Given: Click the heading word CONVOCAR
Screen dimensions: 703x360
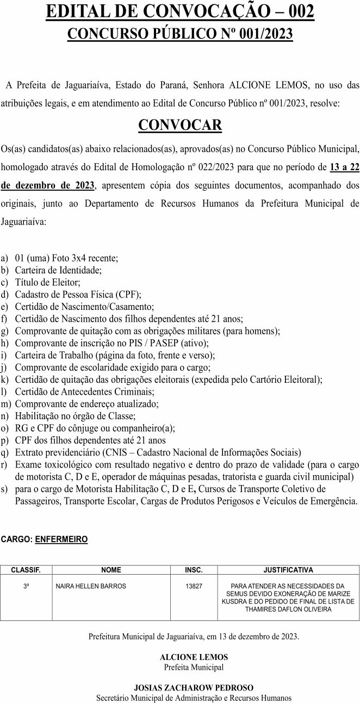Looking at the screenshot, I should [180, 126].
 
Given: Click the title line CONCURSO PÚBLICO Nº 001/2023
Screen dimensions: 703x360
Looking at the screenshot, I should [180, 34].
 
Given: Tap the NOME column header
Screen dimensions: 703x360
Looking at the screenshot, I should [111, 570].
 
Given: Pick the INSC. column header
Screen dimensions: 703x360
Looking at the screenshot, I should [194, 570].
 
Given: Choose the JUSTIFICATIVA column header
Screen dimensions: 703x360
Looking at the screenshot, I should [288, 570].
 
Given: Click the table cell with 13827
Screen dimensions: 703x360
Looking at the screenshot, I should [194, 586].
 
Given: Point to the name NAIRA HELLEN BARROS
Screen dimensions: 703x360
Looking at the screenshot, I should [91, 586].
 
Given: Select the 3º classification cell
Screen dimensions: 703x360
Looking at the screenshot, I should [26, 586].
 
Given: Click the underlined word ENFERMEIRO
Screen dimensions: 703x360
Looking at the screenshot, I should [61, 539].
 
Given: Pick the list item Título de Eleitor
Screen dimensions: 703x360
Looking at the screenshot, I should [48, 282].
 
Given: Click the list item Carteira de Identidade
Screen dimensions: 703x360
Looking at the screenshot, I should [58, 270].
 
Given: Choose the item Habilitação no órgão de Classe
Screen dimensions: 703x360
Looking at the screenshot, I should [76, 416].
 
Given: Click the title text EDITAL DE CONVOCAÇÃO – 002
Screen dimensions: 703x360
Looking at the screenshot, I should [180, 11].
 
